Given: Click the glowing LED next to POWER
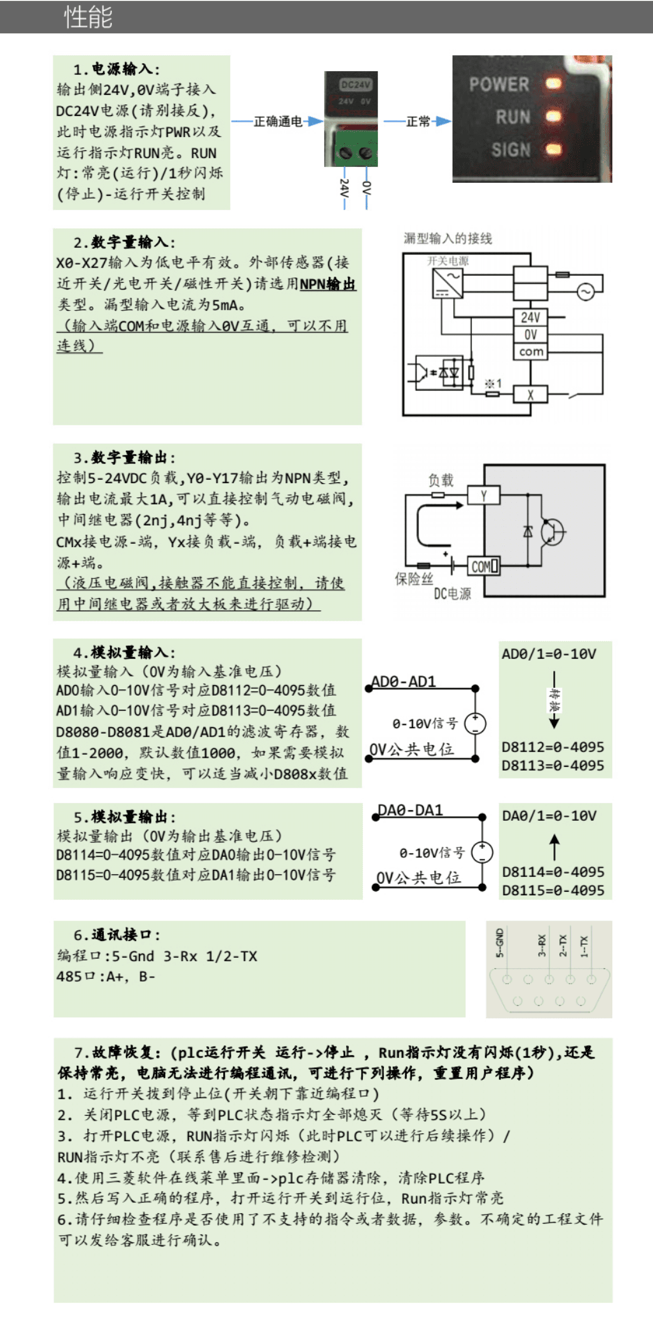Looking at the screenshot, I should [553, 84].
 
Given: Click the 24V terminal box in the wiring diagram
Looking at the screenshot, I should [530, 317].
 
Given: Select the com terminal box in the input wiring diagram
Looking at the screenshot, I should [530, 351].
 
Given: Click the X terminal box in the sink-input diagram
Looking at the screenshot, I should [530, 394].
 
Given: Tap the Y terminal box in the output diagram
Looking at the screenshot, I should [483, 495].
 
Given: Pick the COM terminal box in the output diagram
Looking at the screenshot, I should [484, 566].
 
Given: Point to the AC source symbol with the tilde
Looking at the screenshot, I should [585, 292].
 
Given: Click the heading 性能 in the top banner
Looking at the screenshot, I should [88, 17].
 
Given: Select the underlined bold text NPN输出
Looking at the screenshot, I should [328, 284].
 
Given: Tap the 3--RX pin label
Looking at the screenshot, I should [541, 945].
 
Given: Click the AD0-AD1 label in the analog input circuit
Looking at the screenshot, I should [403, 681].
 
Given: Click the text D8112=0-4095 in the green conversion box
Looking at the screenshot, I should [553, 747].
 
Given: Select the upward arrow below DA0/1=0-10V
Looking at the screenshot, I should [554, 846].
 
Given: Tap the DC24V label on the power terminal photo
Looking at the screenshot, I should [356, 85].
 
